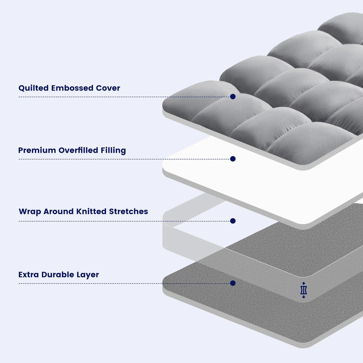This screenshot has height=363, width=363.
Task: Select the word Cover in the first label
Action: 108,88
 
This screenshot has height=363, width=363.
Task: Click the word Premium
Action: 37,150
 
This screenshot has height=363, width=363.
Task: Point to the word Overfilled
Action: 80,150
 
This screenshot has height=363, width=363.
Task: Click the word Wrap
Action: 30,212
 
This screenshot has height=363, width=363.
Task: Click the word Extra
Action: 29,275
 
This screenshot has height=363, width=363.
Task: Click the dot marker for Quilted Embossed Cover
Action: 233,96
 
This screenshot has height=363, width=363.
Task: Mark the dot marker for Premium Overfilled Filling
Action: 233,159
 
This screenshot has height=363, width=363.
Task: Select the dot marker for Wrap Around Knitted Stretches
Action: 233,221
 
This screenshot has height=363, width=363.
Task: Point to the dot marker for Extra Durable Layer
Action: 233,283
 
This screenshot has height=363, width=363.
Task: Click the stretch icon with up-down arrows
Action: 303,290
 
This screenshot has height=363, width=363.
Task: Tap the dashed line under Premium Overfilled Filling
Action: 124,159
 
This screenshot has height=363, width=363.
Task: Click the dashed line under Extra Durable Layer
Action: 124,284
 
